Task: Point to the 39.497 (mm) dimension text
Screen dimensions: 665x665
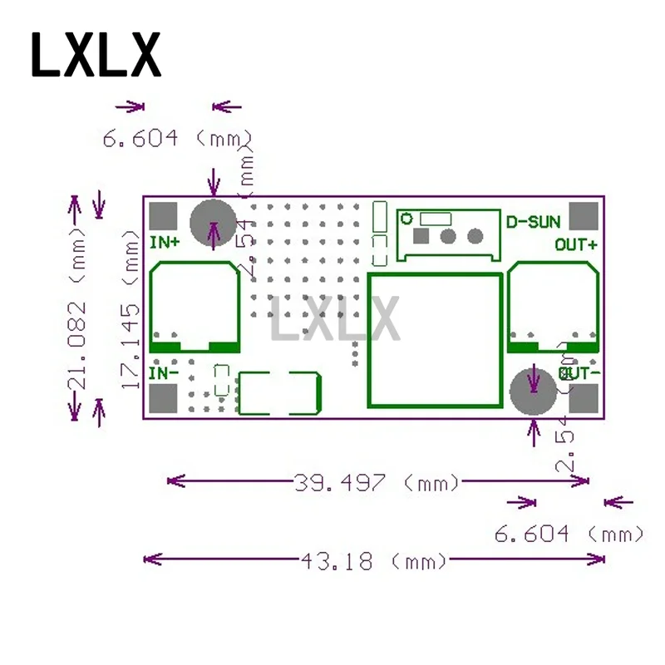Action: [x=377, y=482]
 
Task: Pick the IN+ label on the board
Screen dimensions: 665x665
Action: [x=164, y=243]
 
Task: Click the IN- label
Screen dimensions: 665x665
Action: [x=163, y=373]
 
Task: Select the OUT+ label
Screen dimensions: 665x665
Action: [x=576, y=244]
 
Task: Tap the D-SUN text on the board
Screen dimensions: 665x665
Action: [x=533, y=222]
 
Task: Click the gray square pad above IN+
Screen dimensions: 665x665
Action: [x=164, y=215]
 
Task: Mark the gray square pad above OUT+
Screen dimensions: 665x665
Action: [x=584, y=215]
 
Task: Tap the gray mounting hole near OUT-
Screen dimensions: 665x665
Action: [x=533, y=392]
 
